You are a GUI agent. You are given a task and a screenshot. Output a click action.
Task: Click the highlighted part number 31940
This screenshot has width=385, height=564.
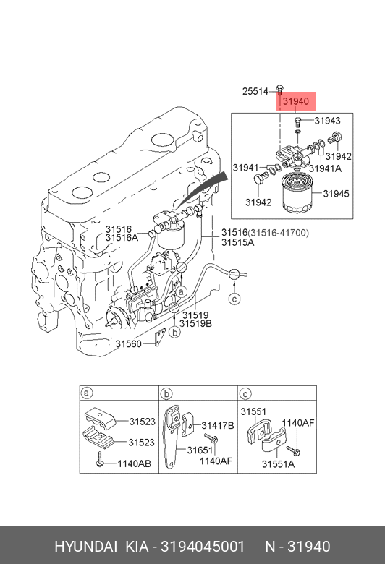point(296,101)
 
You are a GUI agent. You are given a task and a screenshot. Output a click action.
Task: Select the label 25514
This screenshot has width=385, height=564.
point(255,91)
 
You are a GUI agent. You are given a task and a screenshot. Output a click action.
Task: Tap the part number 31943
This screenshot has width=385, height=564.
point(327,121)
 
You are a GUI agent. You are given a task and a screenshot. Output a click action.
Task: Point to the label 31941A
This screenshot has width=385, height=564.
point(325,168)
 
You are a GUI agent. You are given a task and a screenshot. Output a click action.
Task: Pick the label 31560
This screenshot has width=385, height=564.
point(129,344)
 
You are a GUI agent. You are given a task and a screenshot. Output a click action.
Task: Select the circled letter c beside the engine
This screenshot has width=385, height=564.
point(234,299)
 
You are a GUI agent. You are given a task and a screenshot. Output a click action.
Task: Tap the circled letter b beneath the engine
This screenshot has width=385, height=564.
point(174,332)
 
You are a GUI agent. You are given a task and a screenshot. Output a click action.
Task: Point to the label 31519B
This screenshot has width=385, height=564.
point(196,324)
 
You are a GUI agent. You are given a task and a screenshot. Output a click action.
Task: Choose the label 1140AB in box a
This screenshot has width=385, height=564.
point(135,463)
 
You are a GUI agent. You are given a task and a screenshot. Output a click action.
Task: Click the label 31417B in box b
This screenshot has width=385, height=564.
point(218,425)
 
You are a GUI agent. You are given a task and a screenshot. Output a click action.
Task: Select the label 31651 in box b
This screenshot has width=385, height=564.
point(200,450)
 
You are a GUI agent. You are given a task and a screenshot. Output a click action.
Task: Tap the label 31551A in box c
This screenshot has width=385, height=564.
point(278,464)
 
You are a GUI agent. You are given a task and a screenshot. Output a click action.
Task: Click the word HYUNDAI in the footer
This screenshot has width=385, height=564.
point(85,547)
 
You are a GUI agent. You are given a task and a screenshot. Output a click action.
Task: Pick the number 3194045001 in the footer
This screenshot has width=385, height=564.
point(203,547)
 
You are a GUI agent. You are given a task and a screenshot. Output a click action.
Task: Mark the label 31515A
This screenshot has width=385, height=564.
point(237,242)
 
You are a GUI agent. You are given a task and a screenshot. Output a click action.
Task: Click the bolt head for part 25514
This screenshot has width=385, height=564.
point(279,87)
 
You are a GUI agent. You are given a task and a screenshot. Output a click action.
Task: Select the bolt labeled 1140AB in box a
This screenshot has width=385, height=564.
point(99,460)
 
